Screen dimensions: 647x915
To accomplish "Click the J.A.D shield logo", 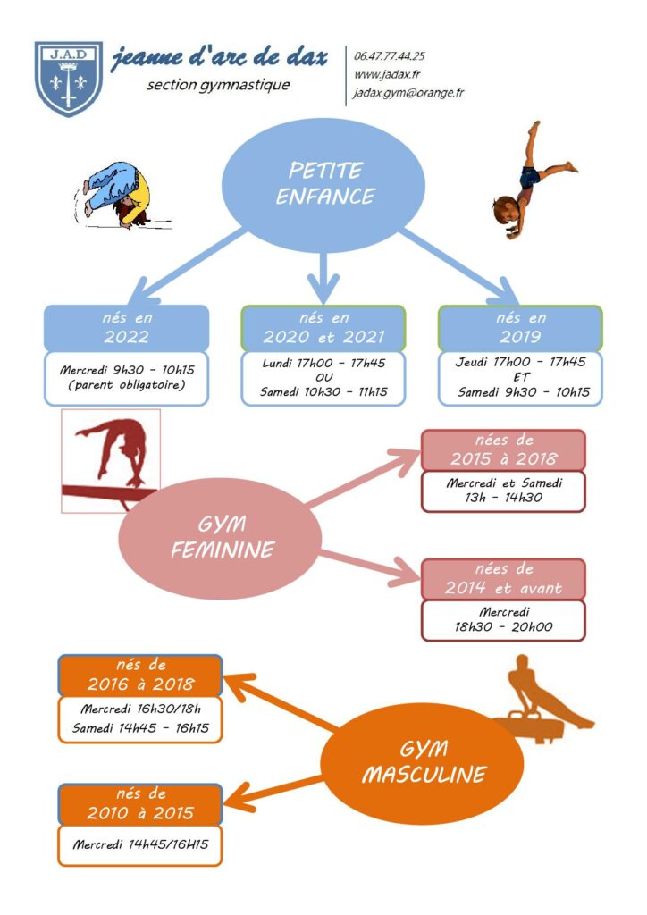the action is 69,79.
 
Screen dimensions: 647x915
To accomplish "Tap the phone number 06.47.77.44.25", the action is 389,56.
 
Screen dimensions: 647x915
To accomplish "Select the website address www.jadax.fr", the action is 387,75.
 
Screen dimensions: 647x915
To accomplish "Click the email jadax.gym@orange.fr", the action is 408,93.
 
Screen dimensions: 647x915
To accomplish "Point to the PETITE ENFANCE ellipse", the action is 323,185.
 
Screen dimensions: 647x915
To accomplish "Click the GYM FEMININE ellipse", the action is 221,538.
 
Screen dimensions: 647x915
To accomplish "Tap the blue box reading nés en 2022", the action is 126,328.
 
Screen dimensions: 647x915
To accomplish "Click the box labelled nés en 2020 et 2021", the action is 323,328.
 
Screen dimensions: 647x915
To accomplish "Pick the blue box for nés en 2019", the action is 520,328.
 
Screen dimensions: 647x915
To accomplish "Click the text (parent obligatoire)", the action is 127,385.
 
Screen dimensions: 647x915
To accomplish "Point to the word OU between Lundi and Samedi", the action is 323,377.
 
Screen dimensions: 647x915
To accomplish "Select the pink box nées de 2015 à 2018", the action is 503,450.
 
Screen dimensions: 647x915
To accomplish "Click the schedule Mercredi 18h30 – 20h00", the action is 503,620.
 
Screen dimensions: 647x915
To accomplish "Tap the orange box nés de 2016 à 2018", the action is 140,676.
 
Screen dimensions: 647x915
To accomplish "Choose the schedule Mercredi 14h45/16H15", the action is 140,844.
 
